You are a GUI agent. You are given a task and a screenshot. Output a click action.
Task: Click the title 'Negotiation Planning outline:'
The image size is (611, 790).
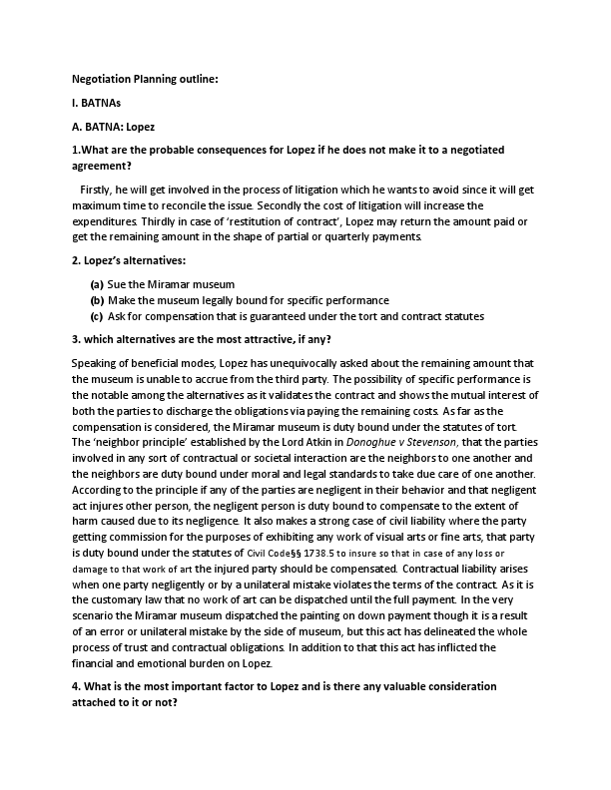144,78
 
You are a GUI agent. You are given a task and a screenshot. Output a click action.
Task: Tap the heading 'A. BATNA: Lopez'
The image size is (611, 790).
113,127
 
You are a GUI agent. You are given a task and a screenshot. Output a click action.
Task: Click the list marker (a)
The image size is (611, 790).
97,284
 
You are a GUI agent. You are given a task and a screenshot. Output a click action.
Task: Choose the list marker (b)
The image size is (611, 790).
97,300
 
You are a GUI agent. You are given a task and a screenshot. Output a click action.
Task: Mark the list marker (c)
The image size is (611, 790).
97,316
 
